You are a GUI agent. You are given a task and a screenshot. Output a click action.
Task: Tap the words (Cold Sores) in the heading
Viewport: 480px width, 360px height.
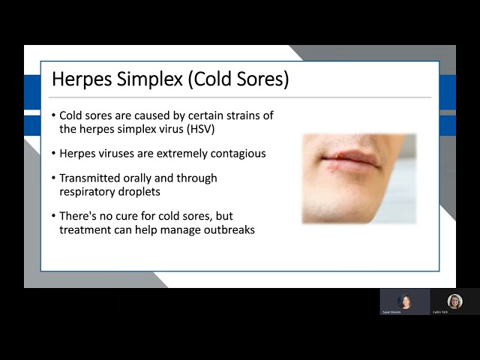tap(239, 79)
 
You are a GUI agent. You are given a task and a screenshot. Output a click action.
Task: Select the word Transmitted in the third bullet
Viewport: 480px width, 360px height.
tap(91, 178)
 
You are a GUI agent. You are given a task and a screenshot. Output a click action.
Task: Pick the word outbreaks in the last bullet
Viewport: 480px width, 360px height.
tap(228, 230)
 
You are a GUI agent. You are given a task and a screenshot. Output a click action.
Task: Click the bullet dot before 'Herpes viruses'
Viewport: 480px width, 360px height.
tap(53, 154)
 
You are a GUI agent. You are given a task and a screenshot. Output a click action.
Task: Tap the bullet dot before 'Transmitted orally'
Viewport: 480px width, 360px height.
tap(53, 178)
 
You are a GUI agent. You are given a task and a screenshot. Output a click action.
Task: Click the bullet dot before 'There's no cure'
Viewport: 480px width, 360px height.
tap(53, 217)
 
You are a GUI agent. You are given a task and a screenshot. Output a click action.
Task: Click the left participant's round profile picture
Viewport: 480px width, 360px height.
tap(404, 301)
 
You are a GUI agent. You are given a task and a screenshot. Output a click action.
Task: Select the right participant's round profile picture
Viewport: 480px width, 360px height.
tap(454, 301)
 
